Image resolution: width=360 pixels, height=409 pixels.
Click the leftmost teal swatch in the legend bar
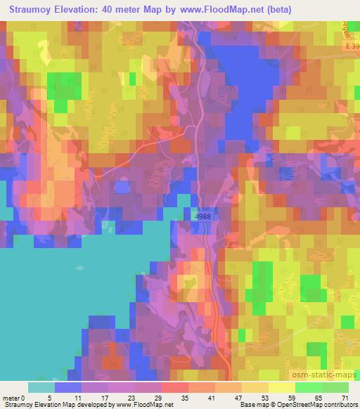(41, 387)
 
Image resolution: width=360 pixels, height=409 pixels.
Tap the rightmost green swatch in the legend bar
(336, 387)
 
